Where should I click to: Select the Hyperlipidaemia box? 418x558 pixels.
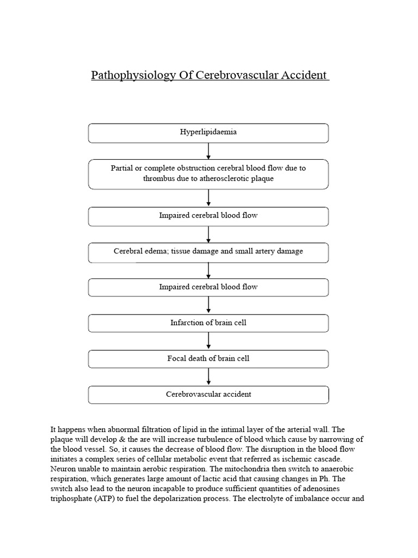[208, 132]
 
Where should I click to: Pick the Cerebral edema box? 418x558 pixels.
[208, 252]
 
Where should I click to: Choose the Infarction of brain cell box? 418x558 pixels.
[208, 323]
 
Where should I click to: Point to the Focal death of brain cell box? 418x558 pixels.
[208, 359]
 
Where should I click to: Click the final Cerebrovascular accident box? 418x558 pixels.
[208, 394]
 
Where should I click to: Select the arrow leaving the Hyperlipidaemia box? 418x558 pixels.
[208, 151]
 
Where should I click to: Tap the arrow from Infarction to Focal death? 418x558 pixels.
[208, 341]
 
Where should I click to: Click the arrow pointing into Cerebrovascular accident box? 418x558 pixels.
[208, 377]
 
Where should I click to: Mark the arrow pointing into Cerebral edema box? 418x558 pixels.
[208, 234]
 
